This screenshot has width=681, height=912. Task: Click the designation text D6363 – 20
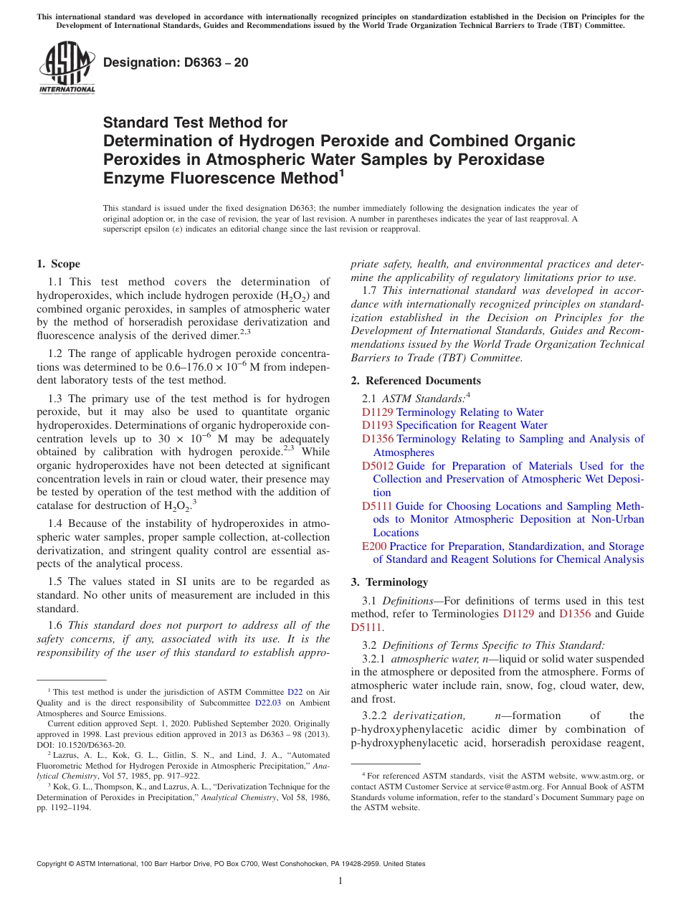tap(176, 62)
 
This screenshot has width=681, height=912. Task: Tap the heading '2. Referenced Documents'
tap(416, 380)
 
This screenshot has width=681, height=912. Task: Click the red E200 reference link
tap(374, 546)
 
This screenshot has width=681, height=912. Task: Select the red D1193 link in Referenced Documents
tap(377, 425)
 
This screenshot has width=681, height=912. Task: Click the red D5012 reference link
tap(377, 466)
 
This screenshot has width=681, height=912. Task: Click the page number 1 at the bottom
tap(340, 880)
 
